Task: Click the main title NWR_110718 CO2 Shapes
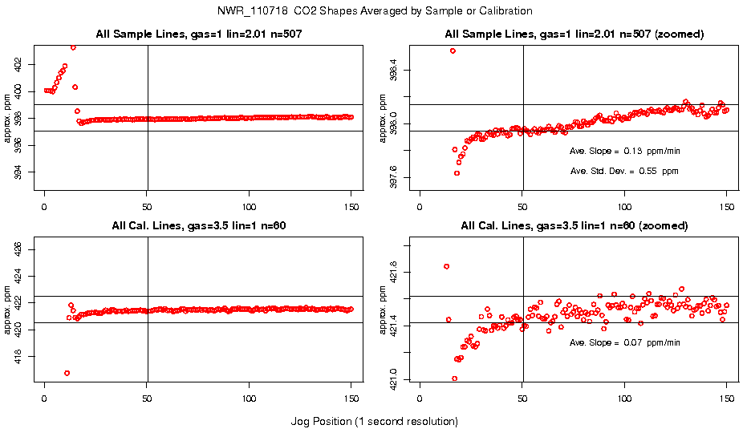[x=375, y=10]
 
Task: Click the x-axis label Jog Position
[x=375, y=421]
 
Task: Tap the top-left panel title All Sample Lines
[x=198, y=34]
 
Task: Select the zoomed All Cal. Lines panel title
[x=574, y=226]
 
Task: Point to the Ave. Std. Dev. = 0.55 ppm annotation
[x=624, y=171]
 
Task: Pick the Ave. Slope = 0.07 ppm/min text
[x=624, y=342]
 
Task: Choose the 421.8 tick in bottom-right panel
[x=404, y=273]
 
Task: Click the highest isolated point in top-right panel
[x=453, y=51]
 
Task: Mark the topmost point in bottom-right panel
[x=446, y=266]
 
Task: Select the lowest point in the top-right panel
[x=457, y=173]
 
